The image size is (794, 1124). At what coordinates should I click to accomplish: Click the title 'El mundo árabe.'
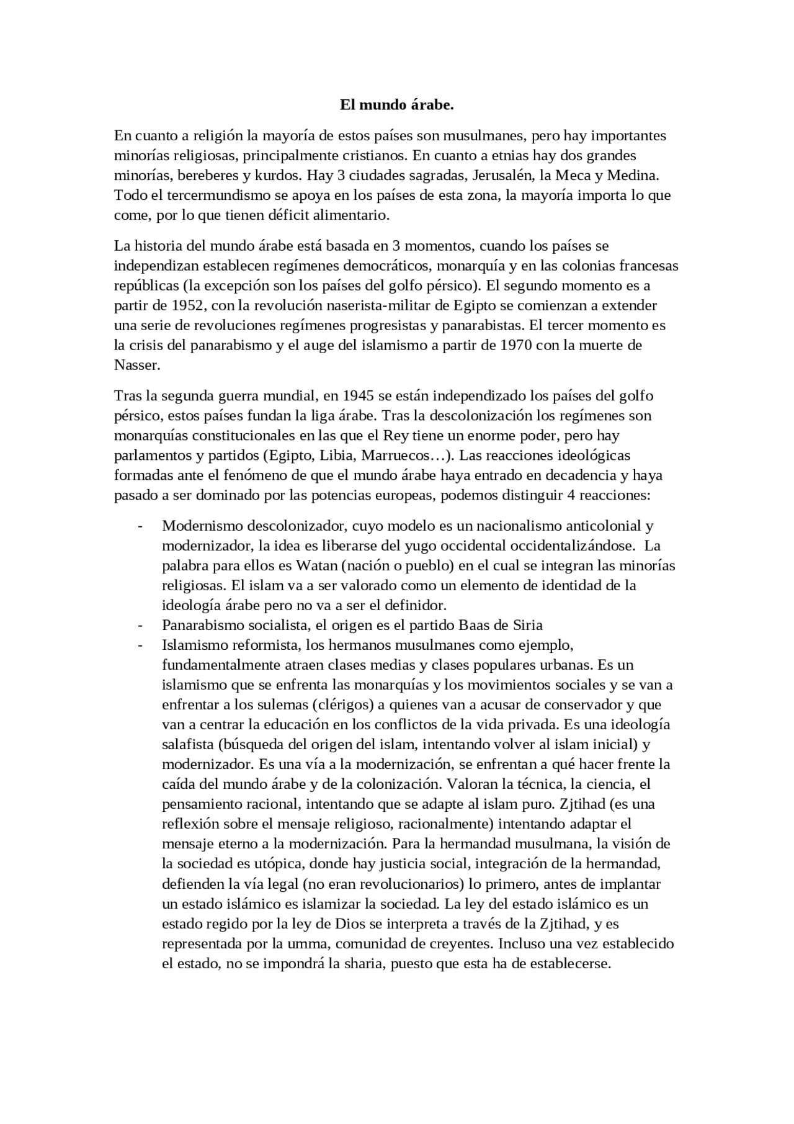(x=397, y=105)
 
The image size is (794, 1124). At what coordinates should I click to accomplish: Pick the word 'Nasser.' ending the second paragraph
(x=137, y=365)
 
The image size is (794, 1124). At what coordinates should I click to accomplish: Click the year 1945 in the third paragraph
(x=358, y=395)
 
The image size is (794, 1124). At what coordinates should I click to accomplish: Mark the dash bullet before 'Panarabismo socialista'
(x=140, y=625)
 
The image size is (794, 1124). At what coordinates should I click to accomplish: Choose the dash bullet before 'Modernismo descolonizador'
(x=140, y=526)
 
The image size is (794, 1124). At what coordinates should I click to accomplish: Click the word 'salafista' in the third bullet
(x=186, y=744)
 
